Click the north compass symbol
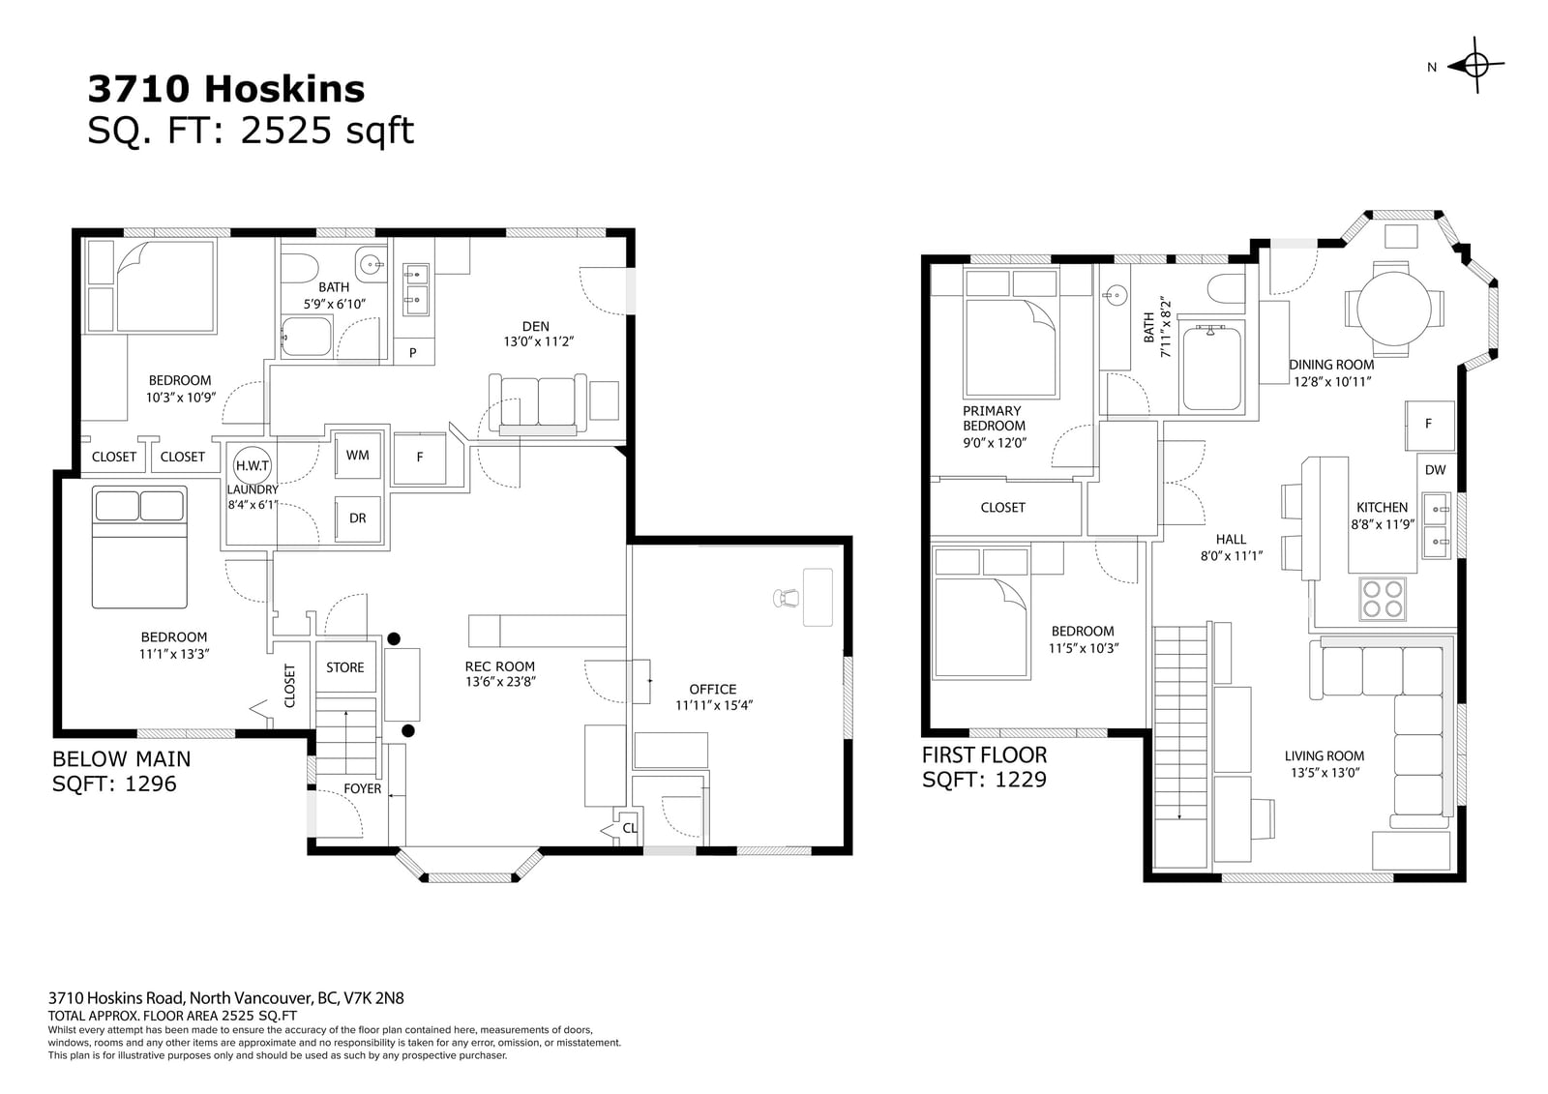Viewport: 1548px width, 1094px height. (x=1476, y=66)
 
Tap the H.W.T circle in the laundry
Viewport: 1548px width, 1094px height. (x=253, y=465)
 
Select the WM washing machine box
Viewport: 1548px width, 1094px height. (x=357, y=455)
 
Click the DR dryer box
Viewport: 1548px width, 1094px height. (x=357, y=518)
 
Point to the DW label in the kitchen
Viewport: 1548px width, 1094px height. (x=1435, y=470)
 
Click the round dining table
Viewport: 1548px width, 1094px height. (x=1394, y=309)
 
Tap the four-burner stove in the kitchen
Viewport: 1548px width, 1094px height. (x=1383, y=599)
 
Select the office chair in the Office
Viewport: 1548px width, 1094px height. (x=787, y=597)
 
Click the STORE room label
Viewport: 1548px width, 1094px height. (x=344, y=667)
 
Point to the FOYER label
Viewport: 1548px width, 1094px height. (x=362, y=788)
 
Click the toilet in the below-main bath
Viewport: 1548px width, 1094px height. (x=299, y=268)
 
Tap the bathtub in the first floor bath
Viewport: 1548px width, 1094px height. (x=1211, y=368)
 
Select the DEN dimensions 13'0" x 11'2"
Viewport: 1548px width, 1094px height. (x=538, y=341)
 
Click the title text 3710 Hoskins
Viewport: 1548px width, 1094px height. (x=226, y=88)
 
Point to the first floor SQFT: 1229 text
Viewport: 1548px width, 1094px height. (x=984, y=780)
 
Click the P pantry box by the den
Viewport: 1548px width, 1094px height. (x=413, y=352)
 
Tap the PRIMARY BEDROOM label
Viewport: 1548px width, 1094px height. (x=993, y=418)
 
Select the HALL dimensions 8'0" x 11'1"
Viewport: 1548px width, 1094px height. (x=1232, y=555)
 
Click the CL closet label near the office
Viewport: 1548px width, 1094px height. (x=630, y=828)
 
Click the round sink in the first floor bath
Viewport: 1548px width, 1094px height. (x=1115, y=295)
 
